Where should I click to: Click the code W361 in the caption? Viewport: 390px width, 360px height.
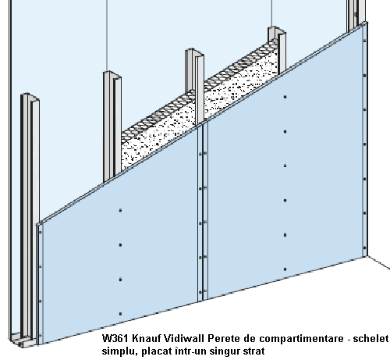[x=115, y=338]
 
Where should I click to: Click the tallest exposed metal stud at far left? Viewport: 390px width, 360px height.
[x=30, y=216]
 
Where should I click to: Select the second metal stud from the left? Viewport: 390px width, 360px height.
[x=112, y=127]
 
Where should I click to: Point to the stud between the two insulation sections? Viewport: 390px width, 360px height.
[x=195, y=86]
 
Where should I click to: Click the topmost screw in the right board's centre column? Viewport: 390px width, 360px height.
[x=285, y=97]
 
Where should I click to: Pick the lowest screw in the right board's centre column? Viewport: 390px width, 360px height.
[x=285, y=269]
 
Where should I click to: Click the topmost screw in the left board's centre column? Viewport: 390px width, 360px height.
[x=120, y=210]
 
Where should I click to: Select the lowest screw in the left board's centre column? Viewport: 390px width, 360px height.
[x=120, y=314]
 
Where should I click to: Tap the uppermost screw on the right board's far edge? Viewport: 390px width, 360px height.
[x=364, y=41]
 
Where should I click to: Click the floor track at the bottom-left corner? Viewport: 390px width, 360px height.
[x=22, y=340]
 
